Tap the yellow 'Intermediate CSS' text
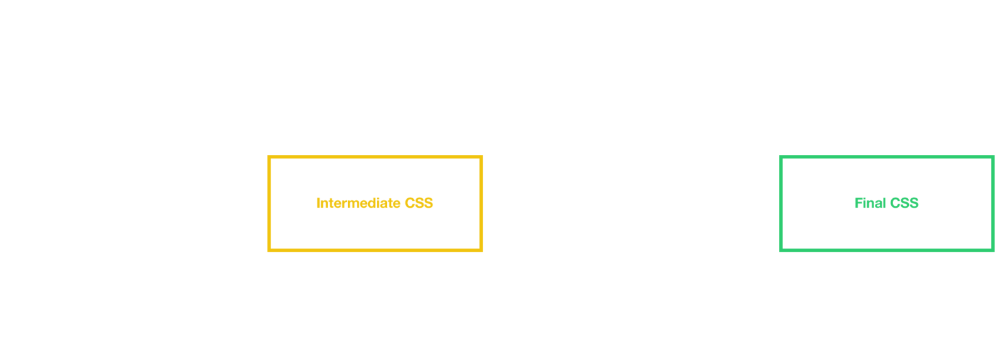[374, 203]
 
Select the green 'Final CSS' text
[886, 203]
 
